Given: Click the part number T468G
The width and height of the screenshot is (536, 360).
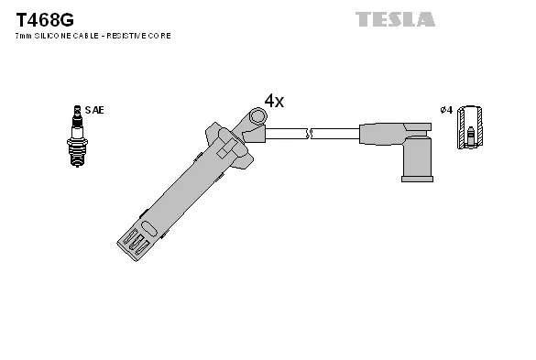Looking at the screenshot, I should (45, 18).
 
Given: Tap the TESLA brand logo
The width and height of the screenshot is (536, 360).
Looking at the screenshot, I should (395, 19).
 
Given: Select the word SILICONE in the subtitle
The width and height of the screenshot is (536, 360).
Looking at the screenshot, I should (58, 36).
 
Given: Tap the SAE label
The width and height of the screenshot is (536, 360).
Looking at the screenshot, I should (94, 110).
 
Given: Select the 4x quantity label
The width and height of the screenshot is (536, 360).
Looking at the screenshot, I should (274, 101).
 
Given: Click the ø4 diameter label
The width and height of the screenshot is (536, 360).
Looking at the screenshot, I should (446, 110).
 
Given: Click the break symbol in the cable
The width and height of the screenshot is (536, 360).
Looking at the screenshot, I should (311, 134).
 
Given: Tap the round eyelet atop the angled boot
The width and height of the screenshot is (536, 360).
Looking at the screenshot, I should (257, 116).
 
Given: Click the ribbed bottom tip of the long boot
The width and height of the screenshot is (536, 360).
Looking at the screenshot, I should (135, 241).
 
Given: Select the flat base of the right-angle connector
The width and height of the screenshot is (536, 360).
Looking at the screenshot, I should (417, 178).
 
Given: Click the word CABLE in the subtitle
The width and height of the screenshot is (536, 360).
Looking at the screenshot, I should (92, 36).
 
